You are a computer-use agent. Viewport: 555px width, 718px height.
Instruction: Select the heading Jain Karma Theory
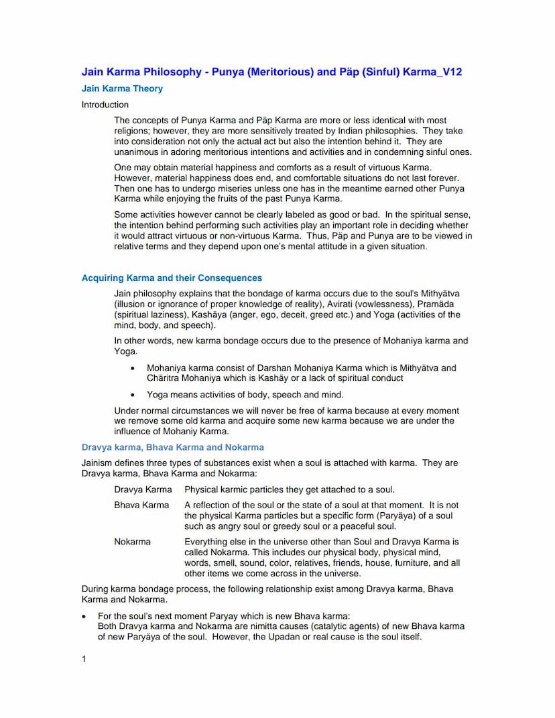tap(122, 88)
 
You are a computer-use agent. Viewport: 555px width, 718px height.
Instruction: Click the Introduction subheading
tap(105, 105)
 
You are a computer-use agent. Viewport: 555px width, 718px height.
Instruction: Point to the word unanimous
tap(137, 152)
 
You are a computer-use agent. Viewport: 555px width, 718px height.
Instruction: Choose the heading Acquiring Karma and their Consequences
tap(172, 278)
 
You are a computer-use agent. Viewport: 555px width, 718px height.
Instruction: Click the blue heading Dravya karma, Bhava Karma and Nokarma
tap(173, 447)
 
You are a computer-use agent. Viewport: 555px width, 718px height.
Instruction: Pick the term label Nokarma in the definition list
tap(133, 542)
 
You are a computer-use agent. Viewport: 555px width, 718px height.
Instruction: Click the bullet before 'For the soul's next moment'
tap(84, 616)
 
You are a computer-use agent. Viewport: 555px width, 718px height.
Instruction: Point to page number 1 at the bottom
tap(84, 659)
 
